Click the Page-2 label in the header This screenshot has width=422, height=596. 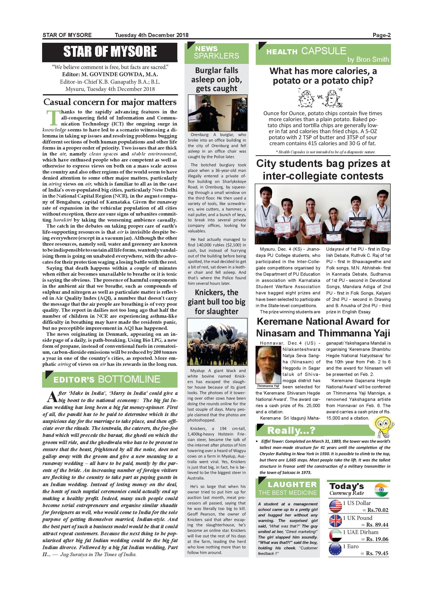[381, 35]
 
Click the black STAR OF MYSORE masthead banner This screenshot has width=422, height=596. [110, 52]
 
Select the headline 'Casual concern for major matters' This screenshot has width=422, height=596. [110, 102]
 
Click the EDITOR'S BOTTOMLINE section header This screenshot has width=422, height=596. [110, 379]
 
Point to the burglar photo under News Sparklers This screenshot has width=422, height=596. [217, 113]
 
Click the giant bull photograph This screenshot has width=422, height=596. [217, 341]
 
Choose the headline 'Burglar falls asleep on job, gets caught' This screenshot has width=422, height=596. [217, 80]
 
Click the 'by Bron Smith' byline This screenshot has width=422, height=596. [368, 59]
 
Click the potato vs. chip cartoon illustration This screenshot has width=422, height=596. [320, 98]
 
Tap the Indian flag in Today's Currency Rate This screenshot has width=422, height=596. [381, 490]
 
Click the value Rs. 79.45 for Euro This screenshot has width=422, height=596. [377, 553]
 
